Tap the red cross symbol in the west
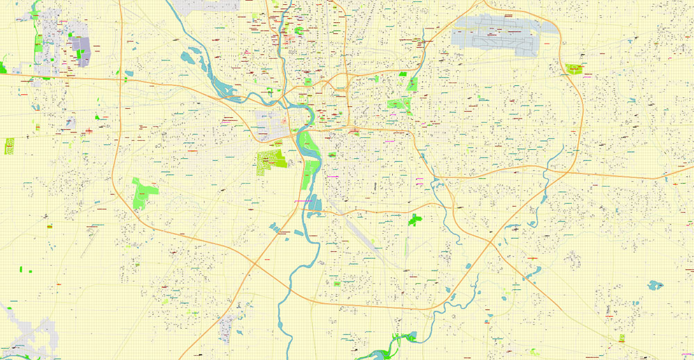[89, 130]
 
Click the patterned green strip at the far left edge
[9, 146]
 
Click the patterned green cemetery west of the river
[271, 162]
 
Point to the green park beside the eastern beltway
[574, 69]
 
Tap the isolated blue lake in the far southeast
[654, 284]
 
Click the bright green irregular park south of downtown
[415, 220]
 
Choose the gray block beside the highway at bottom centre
[227, 328]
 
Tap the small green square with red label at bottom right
[622, 338]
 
